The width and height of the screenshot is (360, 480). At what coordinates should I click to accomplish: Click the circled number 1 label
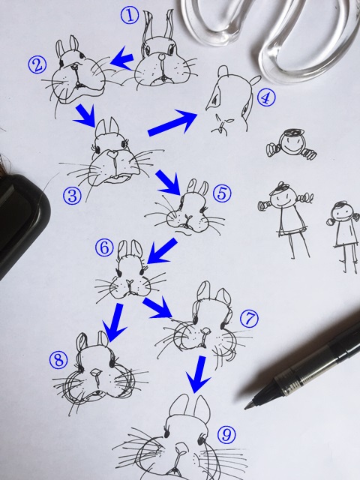coord(130,16)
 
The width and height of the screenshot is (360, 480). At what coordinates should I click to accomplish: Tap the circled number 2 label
coord(37,65)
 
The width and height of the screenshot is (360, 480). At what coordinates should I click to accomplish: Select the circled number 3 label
coord(73,196)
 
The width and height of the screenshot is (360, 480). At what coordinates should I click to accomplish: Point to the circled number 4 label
coord(266,97)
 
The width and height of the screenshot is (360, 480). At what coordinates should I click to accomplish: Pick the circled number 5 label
coord(222,193)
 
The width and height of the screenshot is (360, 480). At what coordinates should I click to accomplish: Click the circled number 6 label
coord(104,247)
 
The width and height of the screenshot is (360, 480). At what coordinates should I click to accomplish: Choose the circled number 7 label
coord(249,318)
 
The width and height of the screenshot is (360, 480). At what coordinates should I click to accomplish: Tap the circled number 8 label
coord(58,360)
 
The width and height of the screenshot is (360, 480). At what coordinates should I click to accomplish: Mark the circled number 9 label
coord(226,435)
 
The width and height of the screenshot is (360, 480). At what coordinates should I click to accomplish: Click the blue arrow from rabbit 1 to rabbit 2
coord(121,58)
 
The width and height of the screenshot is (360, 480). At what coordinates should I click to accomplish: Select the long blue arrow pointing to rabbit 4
coord(173,123)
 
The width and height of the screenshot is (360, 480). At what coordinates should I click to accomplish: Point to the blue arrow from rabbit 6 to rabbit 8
coord(115,322)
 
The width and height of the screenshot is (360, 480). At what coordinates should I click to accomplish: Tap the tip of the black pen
coord(245,408)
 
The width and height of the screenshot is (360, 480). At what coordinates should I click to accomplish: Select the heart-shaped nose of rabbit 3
coord(112,153)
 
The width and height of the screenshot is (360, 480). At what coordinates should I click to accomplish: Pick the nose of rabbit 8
coord(97,373)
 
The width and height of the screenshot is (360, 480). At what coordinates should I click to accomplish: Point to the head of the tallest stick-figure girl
coord(283,196)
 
